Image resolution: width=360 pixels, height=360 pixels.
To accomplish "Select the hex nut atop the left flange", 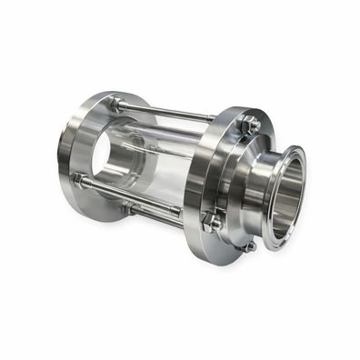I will pos(118,105).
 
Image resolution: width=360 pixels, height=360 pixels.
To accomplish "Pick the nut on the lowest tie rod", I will pos(129,207).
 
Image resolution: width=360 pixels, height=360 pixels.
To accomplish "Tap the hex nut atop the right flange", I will pos(248,124).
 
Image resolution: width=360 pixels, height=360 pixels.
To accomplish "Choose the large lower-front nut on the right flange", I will pos(213,221).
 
